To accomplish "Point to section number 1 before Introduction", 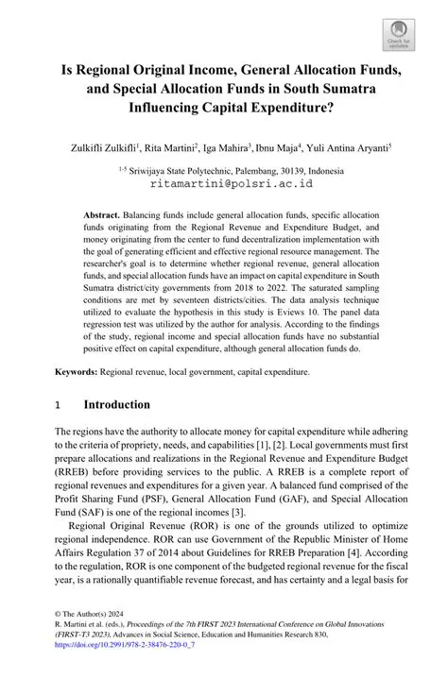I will coord(59,405).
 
